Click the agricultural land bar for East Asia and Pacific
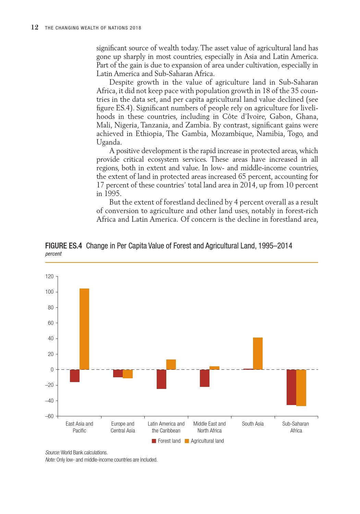pyautogui.click(x=84, y=329)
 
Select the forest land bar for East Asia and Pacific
pyautogui.click(x=75, y=376)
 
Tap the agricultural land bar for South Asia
pyautogui.click(x=258, y=353)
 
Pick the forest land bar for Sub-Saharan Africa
pyautogui.click(x=291, y=387)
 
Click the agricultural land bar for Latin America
pyautogui.click(x=171, y=364)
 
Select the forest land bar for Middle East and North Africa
pyautogui.click(x=205, y=378)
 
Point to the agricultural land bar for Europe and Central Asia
pyautogui.click(x=128, y=374)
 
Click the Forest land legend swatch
pyautogui.click(x=154, y=441)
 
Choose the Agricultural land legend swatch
pyautogui.click(x=187, y=441)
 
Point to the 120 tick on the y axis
pyautogui.click(x=49, y=276)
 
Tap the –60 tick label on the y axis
pyautogui.click(x=49, y=416)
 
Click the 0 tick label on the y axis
pyautogui.click(x=52, y=369)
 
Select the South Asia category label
pyautogui.click(x=253, y=424)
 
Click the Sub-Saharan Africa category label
pyautogui.click(x=296, y=427)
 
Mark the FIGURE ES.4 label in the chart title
pyautogui.click(x=63, y=246)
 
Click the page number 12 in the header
pyautogui.click(x=35, y=27)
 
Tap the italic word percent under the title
pyautogui.click(x=53, y=254)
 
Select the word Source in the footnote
pyautogui.click(x=52, y=452)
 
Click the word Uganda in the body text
pyautogui.click(x=108, y=142)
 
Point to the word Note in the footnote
pyautogui.click(x=50, y=460)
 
